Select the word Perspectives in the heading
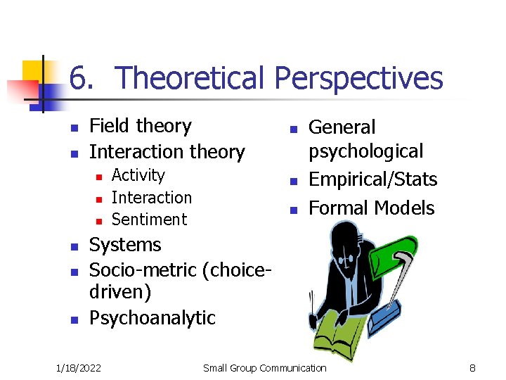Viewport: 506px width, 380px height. click(x=358, y=79)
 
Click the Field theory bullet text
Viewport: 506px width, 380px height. click(x=141, y=126)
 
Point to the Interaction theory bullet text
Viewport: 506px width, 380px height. click(x=167, y=152)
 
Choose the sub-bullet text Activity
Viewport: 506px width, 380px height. click(x=138, y=175)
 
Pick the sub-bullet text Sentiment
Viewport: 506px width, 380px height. click(x=149, y=220)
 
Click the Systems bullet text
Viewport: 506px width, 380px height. click(x=125, y=245)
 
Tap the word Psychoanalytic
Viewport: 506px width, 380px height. click(x=152, y=318)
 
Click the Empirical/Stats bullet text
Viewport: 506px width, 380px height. click(x=372, y=180)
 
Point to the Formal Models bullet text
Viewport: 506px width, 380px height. click(x=371, y=208)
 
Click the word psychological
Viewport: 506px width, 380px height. click(x=365, y=152)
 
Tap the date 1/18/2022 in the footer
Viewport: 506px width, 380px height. click(x=78, y=368)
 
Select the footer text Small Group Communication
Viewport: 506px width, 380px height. click(x=264, y=368)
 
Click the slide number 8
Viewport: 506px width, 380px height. click(x=473, y=368)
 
